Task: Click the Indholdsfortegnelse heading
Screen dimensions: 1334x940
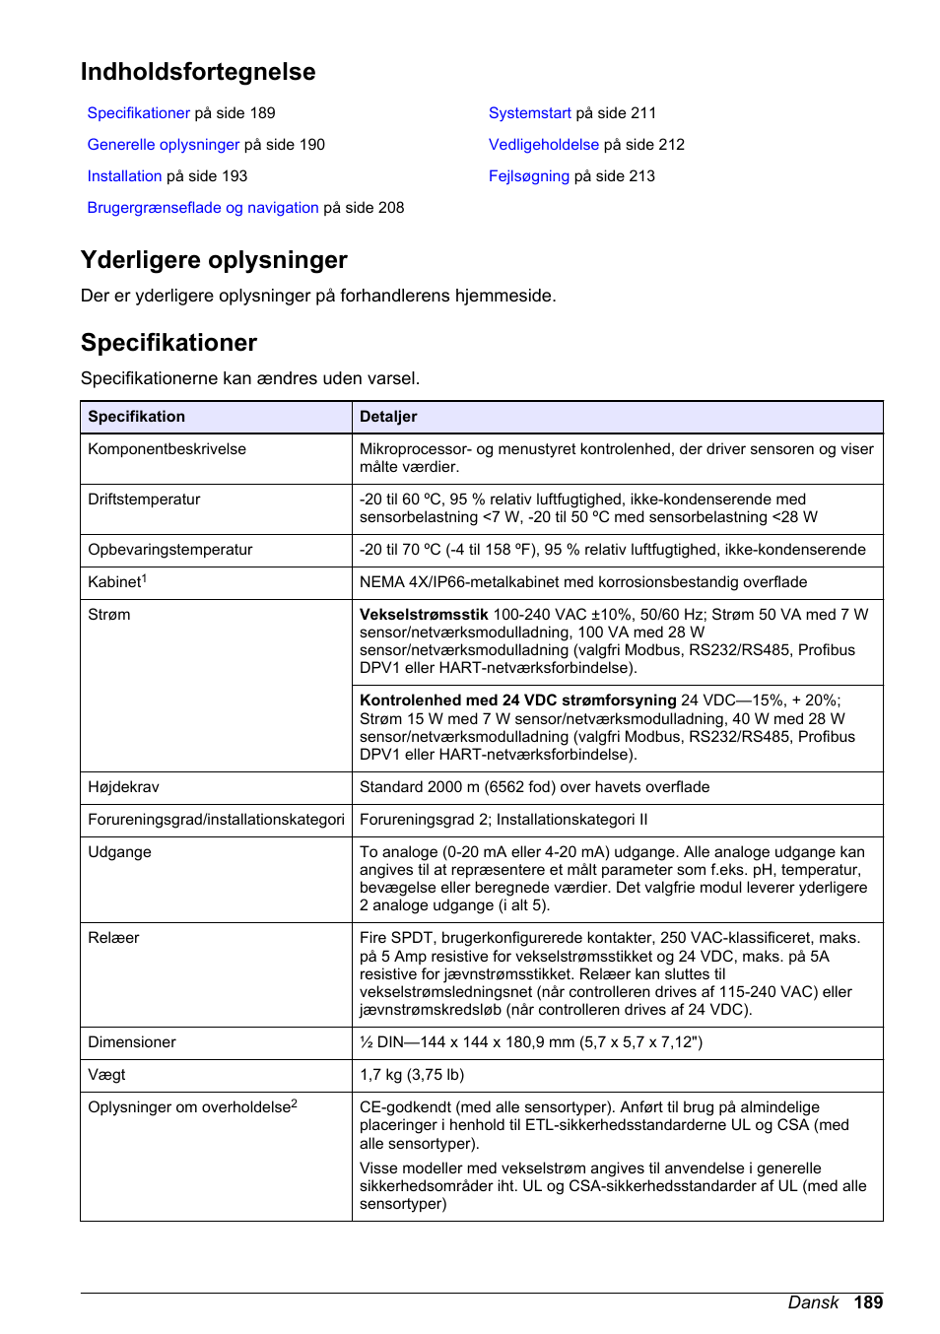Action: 198,72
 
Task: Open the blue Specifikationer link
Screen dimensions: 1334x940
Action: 138,113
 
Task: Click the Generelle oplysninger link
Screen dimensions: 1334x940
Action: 163,145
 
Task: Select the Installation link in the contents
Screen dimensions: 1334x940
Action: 124,176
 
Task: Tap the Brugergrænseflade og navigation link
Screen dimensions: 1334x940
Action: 203,208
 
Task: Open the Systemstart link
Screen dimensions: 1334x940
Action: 529,113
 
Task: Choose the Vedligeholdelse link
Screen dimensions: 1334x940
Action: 543,145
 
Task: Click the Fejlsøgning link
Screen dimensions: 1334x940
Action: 528,176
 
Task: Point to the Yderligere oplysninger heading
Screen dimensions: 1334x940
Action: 214,260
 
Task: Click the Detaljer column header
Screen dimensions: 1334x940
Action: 388,417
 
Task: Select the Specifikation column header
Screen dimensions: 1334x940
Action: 136,417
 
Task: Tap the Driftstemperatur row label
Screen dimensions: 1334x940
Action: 144,500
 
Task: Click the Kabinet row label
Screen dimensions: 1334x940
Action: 116,582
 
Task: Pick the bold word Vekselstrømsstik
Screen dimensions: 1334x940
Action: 424,615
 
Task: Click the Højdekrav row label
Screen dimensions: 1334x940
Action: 123,787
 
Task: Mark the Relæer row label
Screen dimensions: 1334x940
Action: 113,938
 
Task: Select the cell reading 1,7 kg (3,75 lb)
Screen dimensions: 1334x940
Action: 412,1075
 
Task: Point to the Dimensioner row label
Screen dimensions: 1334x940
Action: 132,1042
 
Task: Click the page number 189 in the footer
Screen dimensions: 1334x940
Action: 868,1302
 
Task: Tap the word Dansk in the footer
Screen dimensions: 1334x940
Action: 813,1302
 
